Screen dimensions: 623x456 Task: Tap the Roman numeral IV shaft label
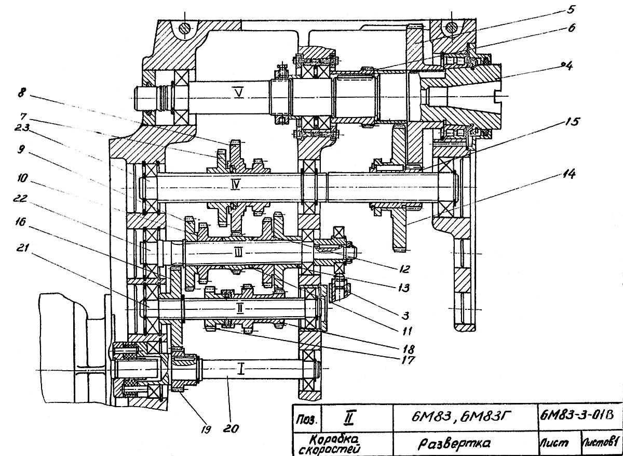tap(235, 185)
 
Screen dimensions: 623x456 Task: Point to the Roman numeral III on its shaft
tap(238, 252)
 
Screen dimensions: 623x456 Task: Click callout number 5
tap(570, 10)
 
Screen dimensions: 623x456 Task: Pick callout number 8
tap(22, 93)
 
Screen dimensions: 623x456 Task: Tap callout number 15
tap(572, 122)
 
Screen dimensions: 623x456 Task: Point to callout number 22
tap(20, 198)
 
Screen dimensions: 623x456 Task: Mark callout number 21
tap(22, 247)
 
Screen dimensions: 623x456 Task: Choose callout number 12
tap(404, 269)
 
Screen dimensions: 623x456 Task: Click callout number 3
tap(405, 316)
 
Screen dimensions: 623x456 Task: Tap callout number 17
tap(408, 360)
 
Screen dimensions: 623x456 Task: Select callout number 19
tap(206, 429)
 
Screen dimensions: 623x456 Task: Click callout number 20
tap(231, 428)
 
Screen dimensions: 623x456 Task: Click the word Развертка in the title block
tap(454, 443)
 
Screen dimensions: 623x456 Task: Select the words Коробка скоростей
tap(334, 444)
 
